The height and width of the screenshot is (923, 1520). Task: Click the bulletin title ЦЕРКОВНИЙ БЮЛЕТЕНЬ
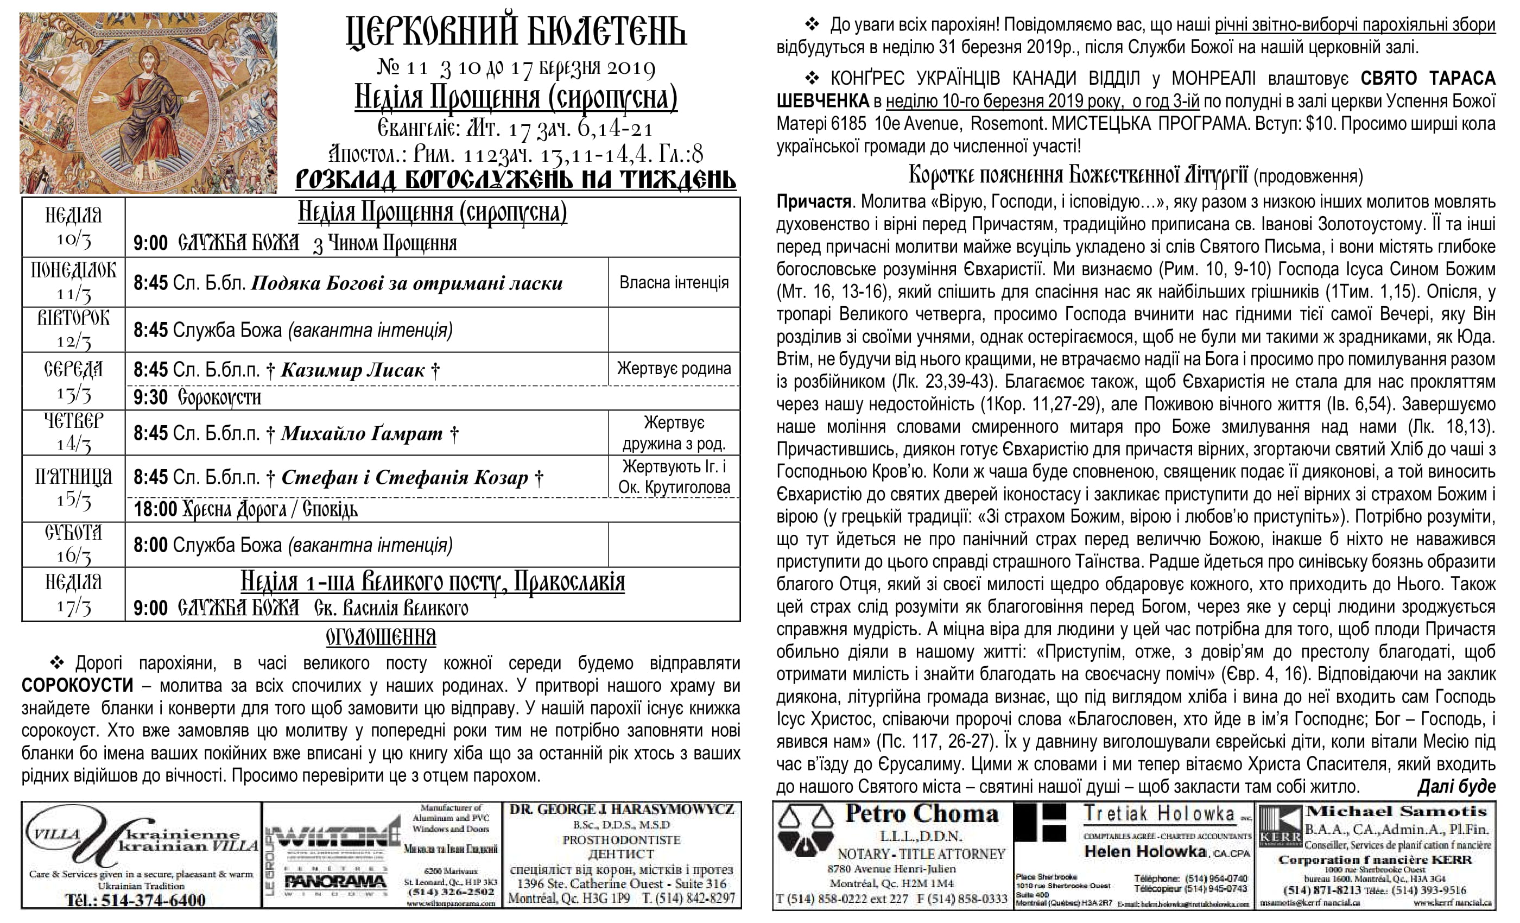tap(516, 32)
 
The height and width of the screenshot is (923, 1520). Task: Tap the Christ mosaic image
tap(148, 103)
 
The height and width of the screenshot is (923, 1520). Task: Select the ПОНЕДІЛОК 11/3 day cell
tap(73, 282)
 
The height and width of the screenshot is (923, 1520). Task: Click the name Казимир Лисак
tap(352, 370)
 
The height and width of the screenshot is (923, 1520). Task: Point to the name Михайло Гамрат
tap(362, 434)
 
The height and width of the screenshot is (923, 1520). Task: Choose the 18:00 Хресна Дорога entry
tap(245, 510)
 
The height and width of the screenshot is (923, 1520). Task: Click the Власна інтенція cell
tap(674, 282)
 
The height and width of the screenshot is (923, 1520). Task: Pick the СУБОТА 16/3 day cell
tap(73, 544)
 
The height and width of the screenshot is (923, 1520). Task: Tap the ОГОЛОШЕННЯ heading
tap(381, 637)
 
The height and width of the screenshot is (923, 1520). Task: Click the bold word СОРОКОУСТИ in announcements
tap(77, 685)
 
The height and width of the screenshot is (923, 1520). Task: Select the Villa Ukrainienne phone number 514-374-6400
tap(136, 900)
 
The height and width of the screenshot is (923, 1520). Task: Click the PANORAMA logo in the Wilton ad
tap(335, 882)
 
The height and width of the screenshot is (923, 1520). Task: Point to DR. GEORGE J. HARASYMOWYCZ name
tap(622, 810)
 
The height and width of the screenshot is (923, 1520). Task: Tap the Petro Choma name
tap(921, 814)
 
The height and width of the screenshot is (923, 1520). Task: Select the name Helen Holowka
tap(1145, 851)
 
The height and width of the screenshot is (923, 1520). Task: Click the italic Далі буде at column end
tap(1456, 787)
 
